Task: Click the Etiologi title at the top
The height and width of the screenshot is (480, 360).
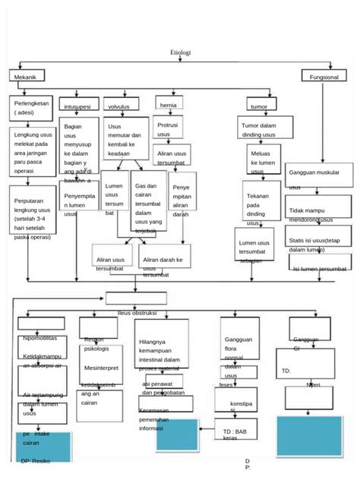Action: point(179,52)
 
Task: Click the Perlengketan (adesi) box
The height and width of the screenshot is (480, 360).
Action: point(32,107)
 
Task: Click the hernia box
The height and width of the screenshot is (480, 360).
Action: point(169,105)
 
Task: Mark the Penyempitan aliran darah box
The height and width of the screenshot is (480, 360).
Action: point(182,199)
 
